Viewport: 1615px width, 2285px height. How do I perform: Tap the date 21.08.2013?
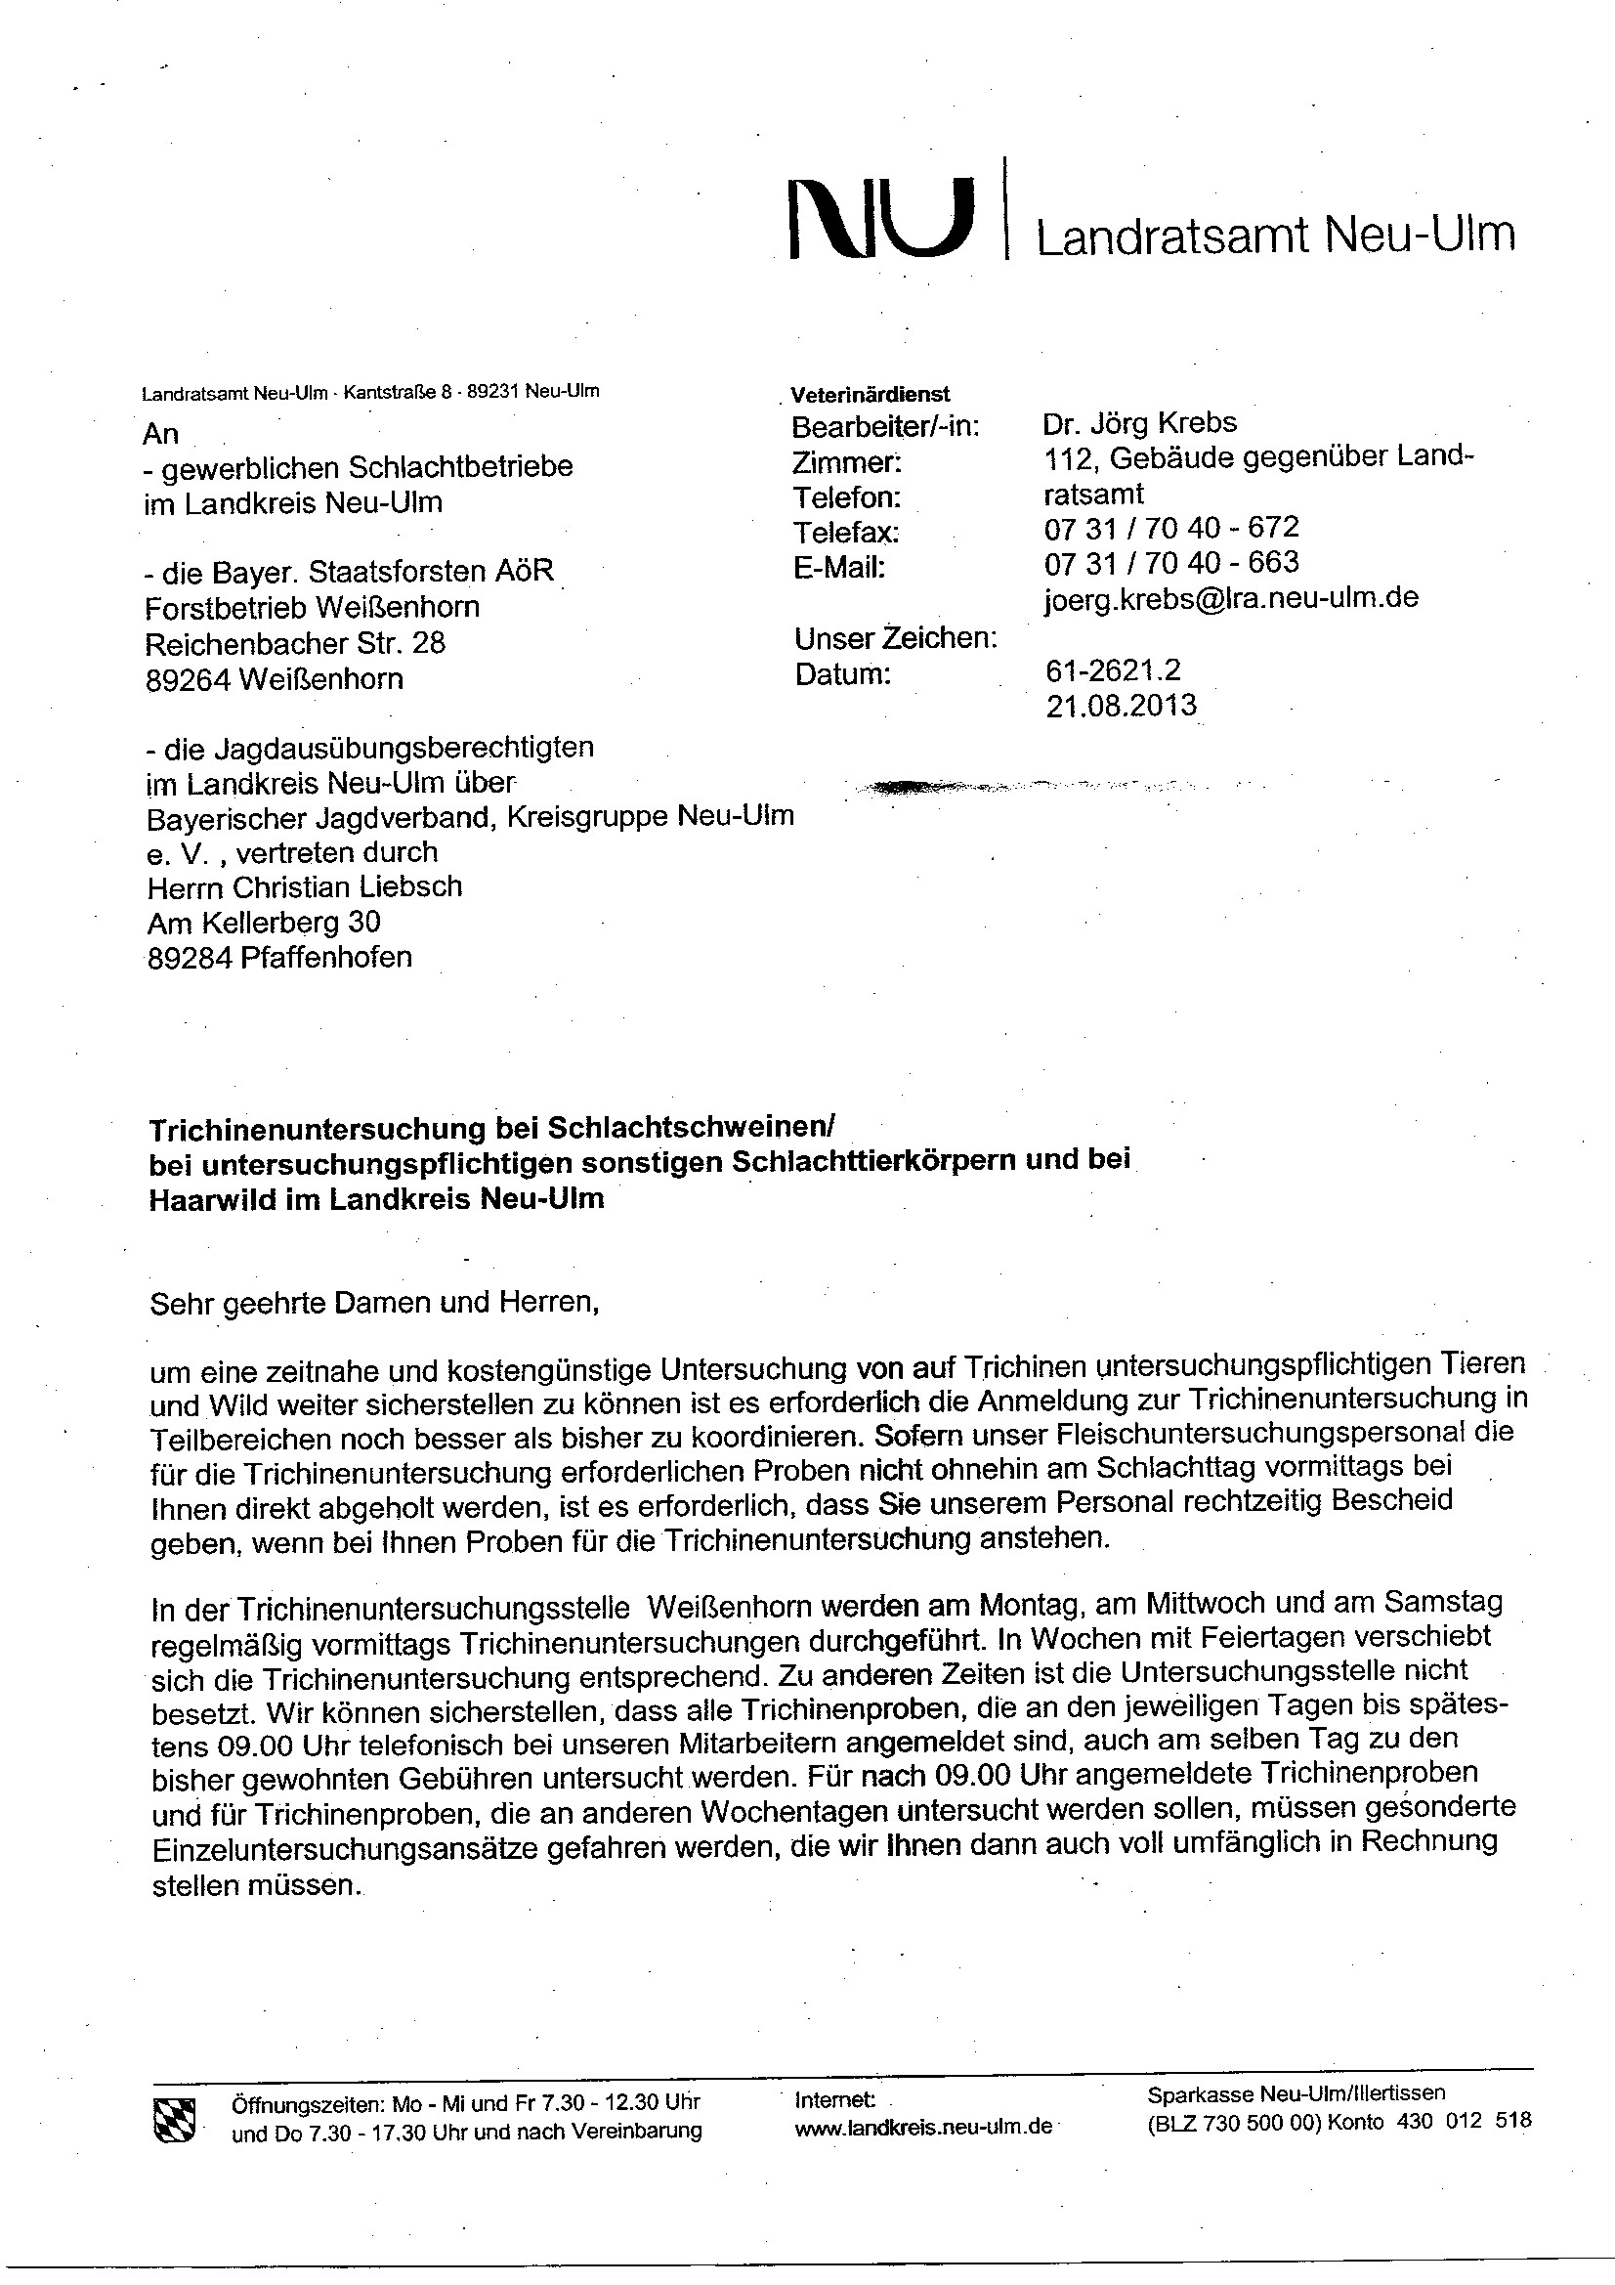(x=1121, y=706)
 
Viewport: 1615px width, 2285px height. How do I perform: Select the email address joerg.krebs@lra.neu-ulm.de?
(x=1231, y=598)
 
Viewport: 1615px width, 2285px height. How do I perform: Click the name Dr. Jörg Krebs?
(x=1139, y=423)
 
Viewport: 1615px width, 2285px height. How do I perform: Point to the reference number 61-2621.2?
(x=1113, y=670)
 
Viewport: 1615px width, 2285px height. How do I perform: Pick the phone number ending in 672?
(x=1171, y=528)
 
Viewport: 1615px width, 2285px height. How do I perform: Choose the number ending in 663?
(x=1171, y=562)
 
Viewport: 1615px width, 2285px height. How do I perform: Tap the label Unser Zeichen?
(x=896, y=638)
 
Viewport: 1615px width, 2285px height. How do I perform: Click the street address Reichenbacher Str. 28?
(x=295, y=643)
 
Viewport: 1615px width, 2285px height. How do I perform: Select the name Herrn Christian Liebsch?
(x=305, y=886)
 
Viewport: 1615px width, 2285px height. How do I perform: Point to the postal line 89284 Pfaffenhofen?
(x=279, y=958)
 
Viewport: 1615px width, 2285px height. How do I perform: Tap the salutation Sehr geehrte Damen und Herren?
(x=374, y=1303)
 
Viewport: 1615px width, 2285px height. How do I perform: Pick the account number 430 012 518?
(x=1464, y=2121)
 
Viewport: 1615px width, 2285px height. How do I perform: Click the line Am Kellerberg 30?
(x=264, y=923)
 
